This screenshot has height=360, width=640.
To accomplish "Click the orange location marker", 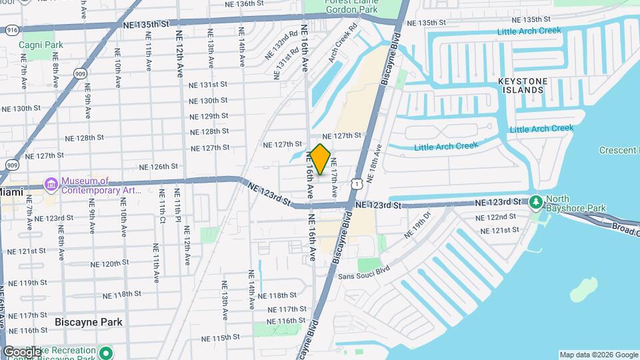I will coord(321,160).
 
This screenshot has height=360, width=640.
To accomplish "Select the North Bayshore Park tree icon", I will coord(535,202).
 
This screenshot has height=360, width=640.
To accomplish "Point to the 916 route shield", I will coord(11,30).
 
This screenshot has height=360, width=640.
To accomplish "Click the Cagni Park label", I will coord(41,45).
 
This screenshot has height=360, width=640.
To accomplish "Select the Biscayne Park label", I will coord(89,322).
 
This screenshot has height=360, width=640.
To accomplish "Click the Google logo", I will coord(22,351).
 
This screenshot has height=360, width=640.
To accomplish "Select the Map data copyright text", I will coord(598,355).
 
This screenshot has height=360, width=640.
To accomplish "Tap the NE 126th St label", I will coord(159,167).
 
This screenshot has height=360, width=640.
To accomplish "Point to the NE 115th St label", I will coord(219,338).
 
